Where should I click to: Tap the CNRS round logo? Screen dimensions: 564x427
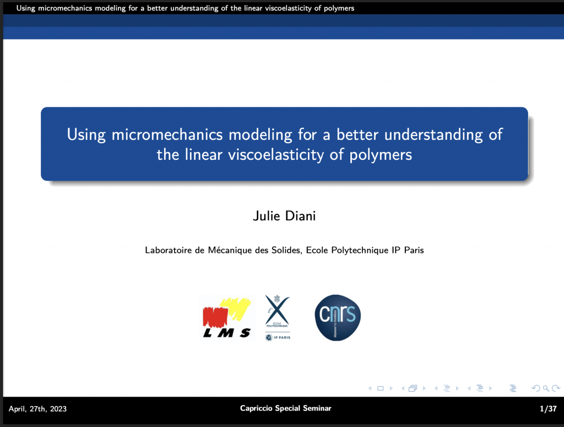pyautogui.click(x=338, y=318)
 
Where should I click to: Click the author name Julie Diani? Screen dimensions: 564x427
pyautogui.click(x=284, y=216)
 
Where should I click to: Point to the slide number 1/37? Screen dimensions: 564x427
pyautogui.click(x=548, y=409)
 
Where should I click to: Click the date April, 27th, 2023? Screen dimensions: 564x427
pyautogui.click(x=38, y=409)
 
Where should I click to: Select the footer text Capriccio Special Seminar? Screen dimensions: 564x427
pyautogui.click(x=286, y=408)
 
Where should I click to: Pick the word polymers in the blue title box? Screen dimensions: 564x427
pyautogui.click(x=381, y=155)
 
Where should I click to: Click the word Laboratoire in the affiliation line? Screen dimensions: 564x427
pyautogui.click(x=168, y=250)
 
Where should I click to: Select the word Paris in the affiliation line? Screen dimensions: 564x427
pyautogui.click(x=414, y=250)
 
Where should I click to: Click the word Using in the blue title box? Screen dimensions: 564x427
pyautogui.click(x=86, y=136)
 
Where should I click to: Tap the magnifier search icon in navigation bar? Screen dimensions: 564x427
pyautogui.click(x=546, y=388)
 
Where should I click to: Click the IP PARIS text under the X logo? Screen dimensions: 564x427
pyautogui.click(x=282, y=337)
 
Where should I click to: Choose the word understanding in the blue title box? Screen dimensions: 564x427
pyautogui.click(x=433, y=135)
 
